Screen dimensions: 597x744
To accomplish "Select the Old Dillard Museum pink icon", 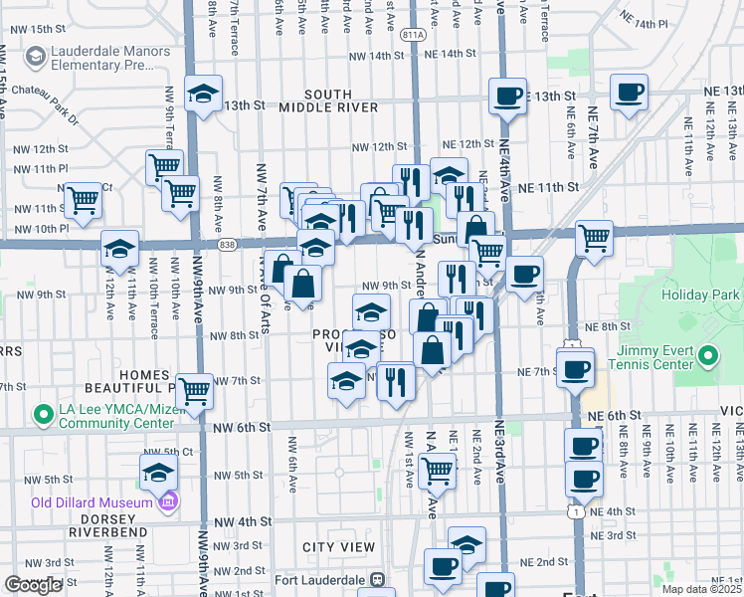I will pos(169,500).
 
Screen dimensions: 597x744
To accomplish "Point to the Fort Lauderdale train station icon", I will pos(377,579).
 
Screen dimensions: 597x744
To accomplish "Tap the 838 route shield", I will pos(228,244).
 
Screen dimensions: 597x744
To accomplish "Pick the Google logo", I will pos(33,585).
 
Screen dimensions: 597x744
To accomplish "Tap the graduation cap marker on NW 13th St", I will pos(204,94).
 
